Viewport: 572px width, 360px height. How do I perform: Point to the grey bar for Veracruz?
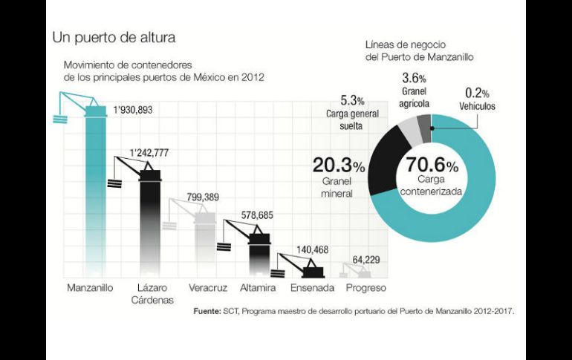click(x=204, y=245)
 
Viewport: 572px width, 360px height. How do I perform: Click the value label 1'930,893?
click(x=133, y=110)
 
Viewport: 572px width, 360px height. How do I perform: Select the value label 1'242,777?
click(x=149, y=153)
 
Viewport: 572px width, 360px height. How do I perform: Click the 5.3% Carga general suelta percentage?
click(x=352, y=100)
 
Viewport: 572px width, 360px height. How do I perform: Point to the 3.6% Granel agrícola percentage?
click(x=414, y=78)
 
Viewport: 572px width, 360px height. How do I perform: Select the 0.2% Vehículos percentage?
click(x=476, y=94)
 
